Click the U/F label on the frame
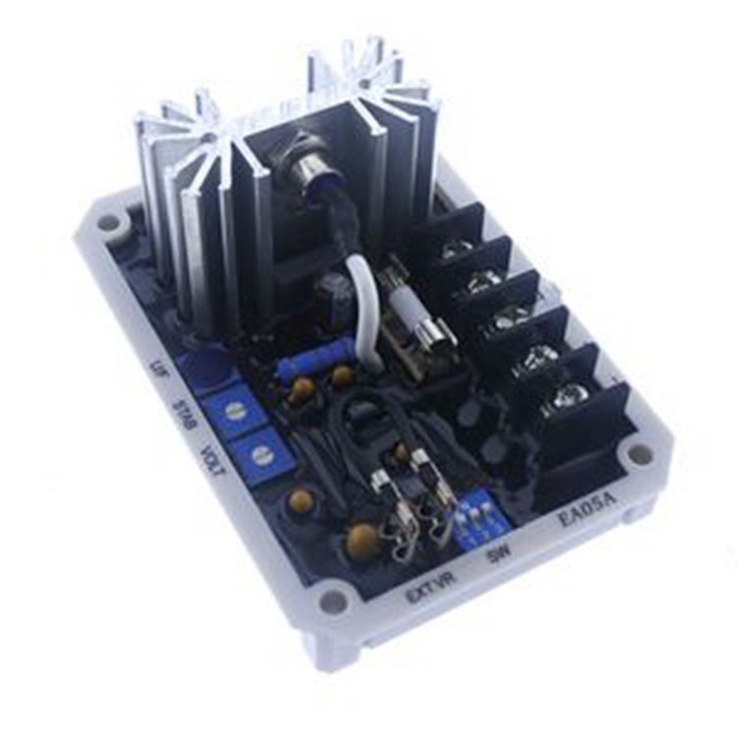click(x=149, y=370)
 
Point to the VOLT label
click(x=212, y=460)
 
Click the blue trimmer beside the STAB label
click(x=233, y=409)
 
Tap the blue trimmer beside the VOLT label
click(x=260, y=453)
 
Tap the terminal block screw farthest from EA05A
click(x=454, y=252)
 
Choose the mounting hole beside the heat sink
click(x=108, y=222)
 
